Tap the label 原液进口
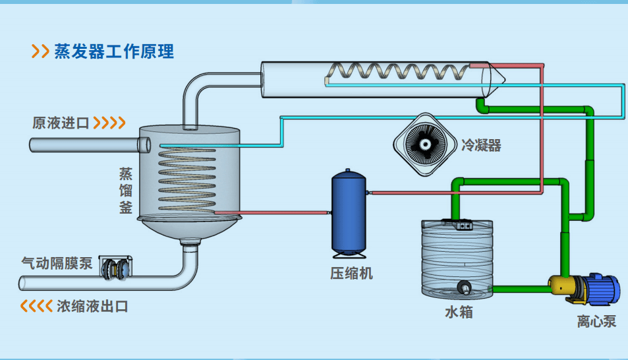61,123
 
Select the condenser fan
425,143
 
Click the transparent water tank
456,257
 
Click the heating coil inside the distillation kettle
187,178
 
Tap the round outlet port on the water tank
465,287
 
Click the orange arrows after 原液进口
109,123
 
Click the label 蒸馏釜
126,191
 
